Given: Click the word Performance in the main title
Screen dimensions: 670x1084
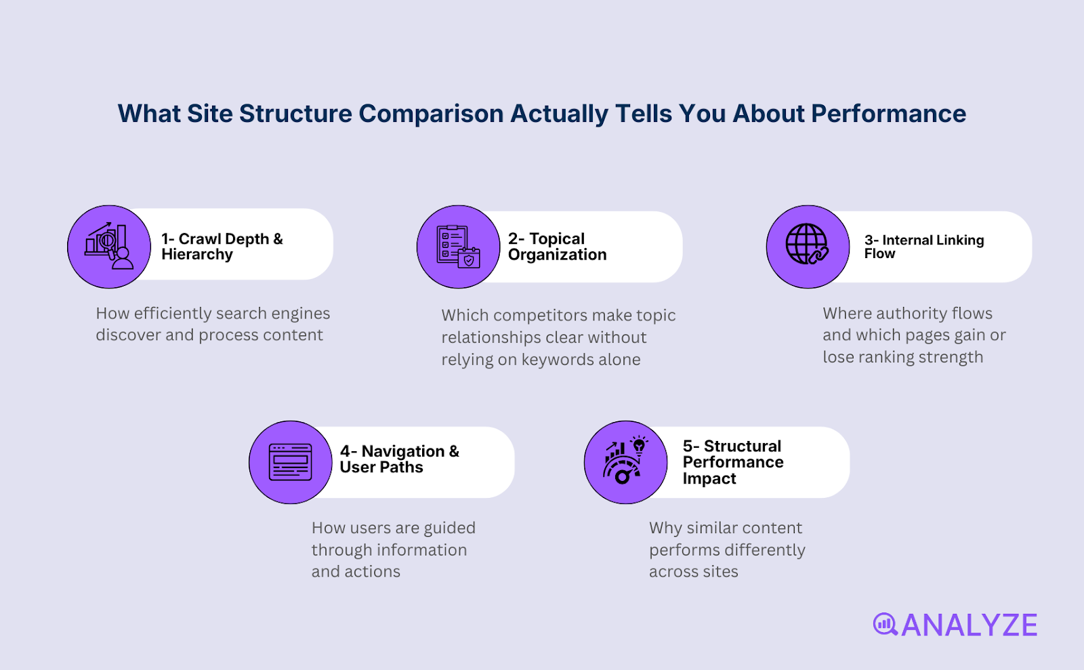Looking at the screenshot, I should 888,114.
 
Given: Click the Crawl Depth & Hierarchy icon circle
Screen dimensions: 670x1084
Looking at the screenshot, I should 109,247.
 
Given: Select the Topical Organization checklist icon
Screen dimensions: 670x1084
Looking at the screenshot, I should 459,247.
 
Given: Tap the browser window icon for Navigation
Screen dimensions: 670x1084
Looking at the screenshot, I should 290,462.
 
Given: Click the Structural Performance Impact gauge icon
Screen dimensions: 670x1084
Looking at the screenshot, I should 625,462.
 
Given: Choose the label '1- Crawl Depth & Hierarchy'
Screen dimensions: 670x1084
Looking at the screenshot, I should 222,247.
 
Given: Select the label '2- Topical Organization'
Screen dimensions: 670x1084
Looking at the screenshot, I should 557,247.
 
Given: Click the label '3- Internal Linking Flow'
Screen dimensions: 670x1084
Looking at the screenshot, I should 923,247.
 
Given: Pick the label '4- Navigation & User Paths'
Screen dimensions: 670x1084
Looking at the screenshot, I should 399,459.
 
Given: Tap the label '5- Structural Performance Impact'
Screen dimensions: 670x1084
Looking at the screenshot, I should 732,462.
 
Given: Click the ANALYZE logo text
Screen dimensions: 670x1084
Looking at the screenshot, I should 969,625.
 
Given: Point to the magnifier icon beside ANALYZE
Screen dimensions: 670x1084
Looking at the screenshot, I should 885,624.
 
